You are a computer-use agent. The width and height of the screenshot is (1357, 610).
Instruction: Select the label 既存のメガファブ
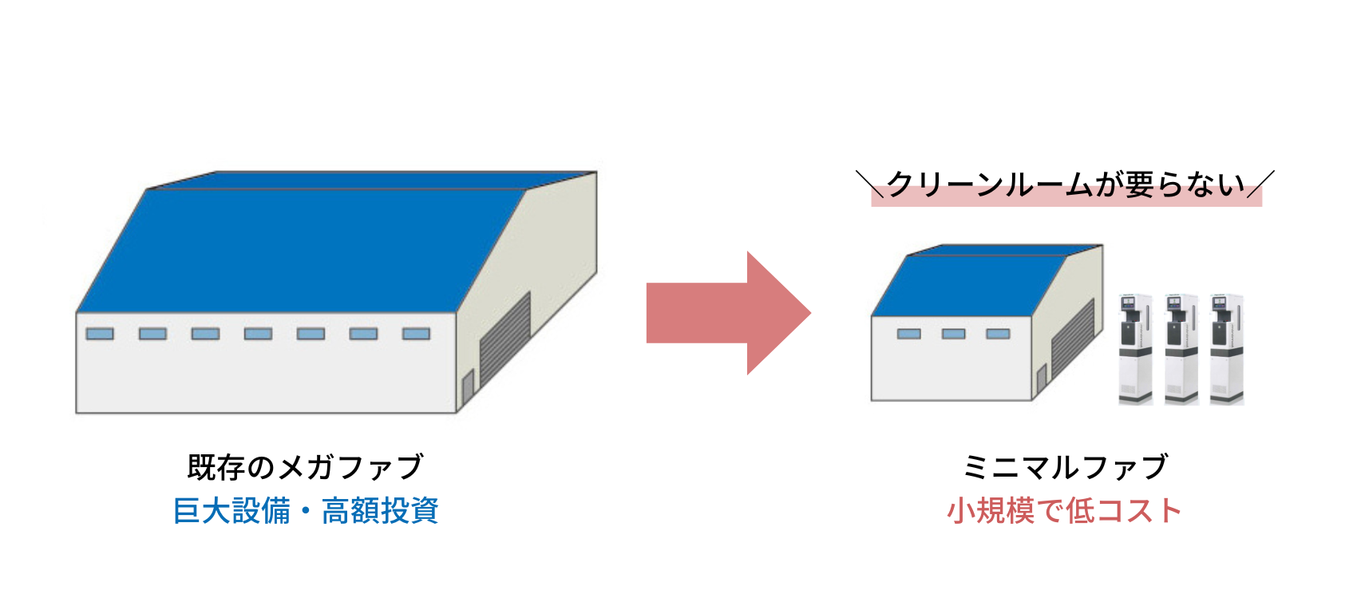305,467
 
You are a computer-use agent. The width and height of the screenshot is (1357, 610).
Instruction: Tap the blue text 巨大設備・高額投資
306,511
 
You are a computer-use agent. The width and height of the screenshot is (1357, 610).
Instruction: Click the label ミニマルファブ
1066,467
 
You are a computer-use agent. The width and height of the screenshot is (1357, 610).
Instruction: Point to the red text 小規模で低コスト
1064,511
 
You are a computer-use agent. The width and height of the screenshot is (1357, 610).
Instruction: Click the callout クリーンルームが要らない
1066,185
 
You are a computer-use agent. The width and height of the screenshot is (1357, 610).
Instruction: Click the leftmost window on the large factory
100,334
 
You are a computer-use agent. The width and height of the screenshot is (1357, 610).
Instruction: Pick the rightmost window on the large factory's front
416,334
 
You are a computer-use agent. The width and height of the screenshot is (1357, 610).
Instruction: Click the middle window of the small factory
953,334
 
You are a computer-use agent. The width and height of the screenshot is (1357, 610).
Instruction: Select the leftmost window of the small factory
908,334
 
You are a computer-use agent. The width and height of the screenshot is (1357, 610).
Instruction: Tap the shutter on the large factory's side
504,339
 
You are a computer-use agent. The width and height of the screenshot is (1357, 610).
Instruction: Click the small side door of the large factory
468,389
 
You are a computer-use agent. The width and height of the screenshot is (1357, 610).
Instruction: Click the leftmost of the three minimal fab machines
1135,349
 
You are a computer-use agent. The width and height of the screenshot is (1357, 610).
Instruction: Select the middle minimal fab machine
1181,349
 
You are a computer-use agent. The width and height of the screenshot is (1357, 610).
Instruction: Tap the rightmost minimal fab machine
1227,349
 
